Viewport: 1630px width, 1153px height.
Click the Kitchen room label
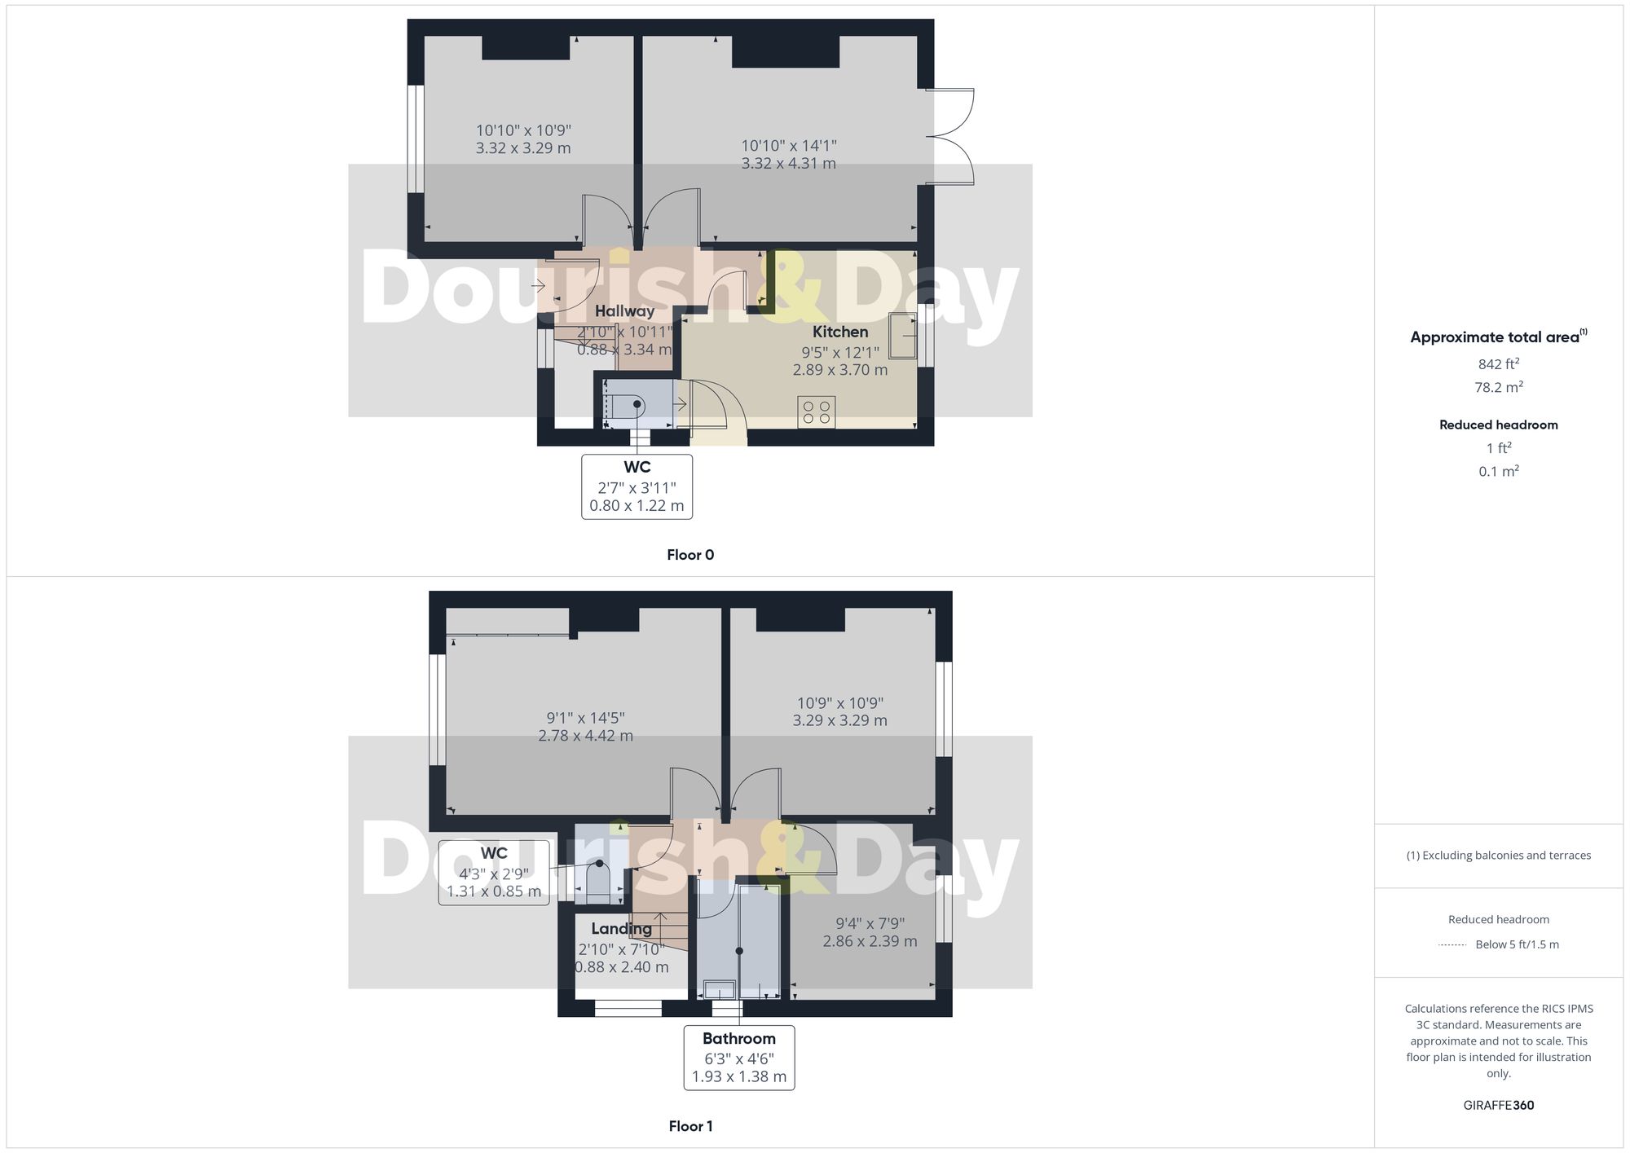point(839,332)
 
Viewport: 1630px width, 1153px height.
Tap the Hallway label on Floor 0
point(624,310)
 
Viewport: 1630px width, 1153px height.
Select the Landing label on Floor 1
point(621,928)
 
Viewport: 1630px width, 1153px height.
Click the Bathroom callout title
point(738,1038)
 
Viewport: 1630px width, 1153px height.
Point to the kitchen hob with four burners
point(817,411)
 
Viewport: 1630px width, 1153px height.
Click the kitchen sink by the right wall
point(902,336)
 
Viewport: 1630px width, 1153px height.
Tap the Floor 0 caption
point(689,555)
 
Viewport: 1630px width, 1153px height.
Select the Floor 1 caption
point(689,1126)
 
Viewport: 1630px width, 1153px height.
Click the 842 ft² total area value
point(1498,364)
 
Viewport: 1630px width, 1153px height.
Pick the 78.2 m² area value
point(1498,387)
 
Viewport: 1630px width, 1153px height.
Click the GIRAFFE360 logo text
point(1498,1105)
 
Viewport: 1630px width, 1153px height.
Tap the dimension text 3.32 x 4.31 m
point(788,163)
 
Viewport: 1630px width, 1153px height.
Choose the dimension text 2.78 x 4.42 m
point(585,735)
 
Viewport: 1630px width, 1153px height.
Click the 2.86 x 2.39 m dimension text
point(870,941)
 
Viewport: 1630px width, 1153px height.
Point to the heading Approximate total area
point(1495,337)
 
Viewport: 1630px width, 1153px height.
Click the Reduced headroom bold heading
point(1498,425)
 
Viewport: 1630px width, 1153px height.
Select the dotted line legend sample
point(1452,945)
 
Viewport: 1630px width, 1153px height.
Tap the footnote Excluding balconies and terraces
point(1498,856)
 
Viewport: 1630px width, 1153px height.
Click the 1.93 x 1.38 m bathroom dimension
point(738,1076)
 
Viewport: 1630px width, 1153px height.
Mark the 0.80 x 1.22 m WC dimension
point(637,505)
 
